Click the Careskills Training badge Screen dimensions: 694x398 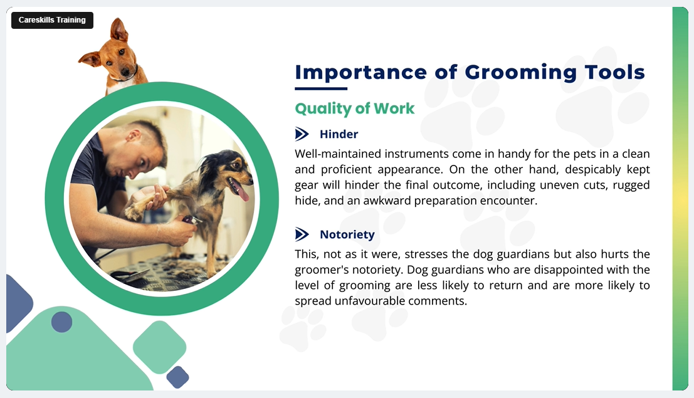coord(52,20)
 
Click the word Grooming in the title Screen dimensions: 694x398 coord(520,73)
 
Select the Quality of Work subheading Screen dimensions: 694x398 coord(355,108)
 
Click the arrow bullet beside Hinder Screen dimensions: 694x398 coord(302,134)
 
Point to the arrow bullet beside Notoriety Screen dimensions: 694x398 coord(302,234)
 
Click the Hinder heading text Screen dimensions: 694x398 coord(339,134)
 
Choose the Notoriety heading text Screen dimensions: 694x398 coord(347,234)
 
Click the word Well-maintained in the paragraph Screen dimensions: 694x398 coord(338,154)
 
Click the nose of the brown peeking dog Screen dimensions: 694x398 coord(125,71)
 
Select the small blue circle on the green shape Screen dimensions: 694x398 coord(61,322)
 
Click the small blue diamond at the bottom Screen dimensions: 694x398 coord(178,377)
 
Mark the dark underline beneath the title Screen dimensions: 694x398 coord(321,88)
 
